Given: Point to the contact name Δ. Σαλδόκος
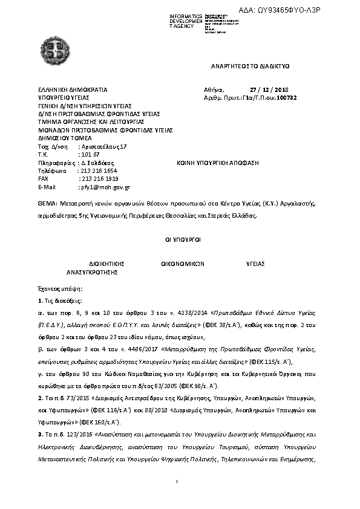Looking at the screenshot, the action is click(x=97, y=163).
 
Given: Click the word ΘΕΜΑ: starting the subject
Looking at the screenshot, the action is click(x=47, y=204).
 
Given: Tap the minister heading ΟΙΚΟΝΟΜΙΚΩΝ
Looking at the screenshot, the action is click(x=183, y=264).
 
